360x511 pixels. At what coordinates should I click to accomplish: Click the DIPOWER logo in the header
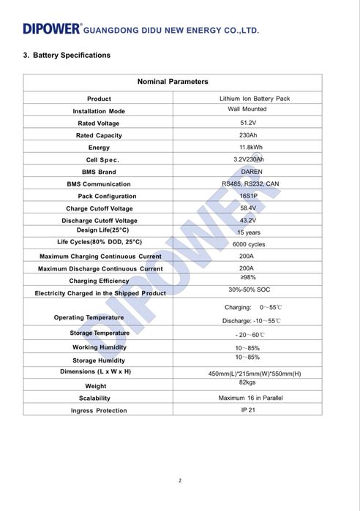click(51, 29)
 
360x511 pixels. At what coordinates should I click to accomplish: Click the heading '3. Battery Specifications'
click(67, 56)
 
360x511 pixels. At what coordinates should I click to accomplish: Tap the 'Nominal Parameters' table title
click(173, 82)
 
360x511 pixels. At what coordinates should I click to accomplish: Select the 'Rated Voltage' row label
click(99, 124)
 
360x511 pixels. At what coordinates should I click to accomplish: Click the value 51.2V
click(247, 123)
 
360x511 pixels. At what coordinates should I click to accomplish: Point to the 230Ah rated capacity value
click(247, 135)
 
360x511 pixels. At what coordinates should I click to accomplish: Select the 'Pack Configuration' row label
click(107, 196)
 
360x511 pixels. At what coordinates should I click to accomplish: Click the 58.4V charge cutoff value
click(247, 208)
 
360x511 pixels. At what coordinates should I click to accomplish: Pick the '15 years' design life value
click(248, 232)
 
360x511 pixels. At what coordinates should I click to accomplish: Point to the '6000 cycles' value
click(249, 244)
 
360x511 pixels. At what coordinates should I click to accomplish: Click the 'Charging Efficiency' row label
click(99, 281)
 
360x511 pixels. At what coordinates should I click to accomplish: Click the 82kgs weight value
click(247, 382)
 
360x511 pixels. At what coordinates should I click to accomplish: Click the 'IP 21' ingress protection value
click(248, 409)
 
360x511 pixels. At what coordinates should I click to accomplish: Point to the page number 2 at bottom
click(179, 480)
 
